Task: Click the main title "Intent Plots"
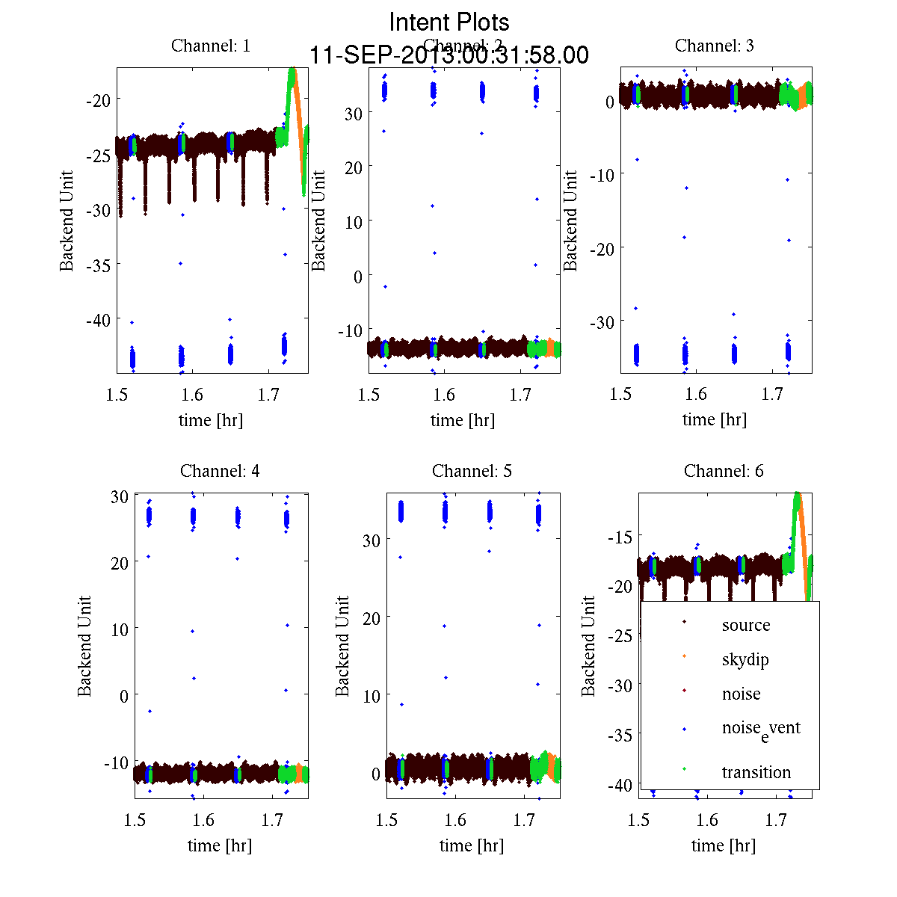(x=449, y=22)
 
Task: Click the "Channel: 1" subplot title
(x=211, y=46)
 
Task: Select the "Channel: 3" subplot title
(x=715, y=46)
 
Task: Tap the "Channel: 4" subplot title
(x=220, y=471)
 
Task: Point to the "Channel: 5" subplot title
(x=472, y=471)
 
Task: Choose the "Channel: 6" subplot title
(x=724, y=471)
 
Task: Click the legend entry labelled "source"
(x=746, y=625)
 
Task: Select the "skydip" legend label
(x=745, y=659)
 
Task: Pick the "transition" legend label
(x=756, y=772)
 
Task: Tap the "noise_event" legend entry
(x=761, y=729)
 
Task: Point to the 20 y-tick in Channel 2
(x=353, y=167)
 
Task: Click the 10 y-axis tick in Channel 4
(x=120, y=629)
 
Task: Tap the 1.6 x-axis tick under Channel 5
(x=455, y=820)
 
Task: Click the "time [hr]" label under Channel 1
(x=211, y=420)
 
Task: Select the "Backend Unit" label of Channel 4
(x=85, y=646)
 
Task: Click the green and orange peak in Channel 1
(x=293, y=75)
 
